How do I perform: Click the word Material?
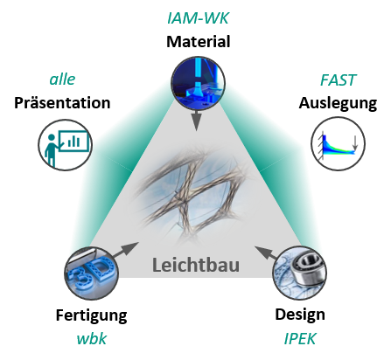tap(199, 42)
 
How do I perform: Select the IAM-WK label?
tap(198, 17)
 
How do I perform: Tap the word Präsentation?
tap(62, 103)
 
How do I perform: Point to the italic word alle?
tap(62, 80)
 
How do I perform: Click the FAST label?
tap(338, 80)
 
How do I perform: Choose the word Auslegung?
tap(338, 104)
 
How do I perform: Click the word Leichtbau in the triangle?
tap(196, 266)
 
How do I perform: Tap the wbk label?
tap(91, 339)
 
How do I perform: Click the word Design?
tap(300, 315)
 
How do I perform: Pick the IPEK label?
tap(300, 339)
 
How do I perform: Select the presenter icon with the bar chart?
tap(66, 145)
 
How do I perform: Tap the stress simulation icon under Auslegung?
tap(339, 143)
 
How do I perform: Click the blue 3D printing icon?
tap(92, 273)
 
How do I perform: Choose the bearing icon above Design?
tap(300, 273)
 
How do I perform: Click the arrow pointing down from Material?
tap(197, 121)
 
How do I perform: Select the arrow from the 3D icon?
tap(126, 250)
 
